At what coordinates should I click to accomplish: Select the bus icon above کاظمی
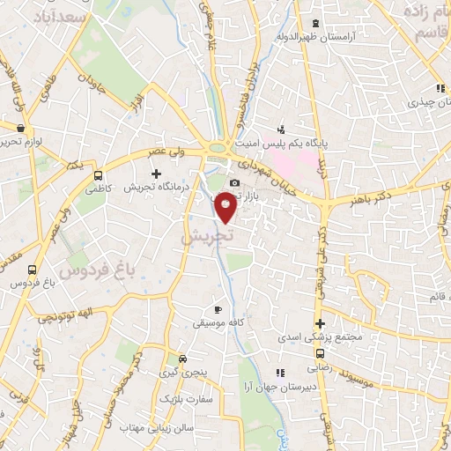click(99, 174)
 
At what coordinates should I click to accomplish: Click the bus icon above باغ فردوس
click(33, 270)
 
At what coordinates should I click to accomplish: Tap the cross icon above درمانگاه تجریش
click(157, 174)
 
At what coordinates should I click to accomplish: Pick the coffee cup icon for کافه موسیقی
click(218, 309)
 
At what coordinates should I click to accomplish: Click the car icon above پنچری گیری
click(182, 359)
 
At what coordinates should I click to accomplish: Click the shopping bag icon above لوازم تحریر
click(21, 128)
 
